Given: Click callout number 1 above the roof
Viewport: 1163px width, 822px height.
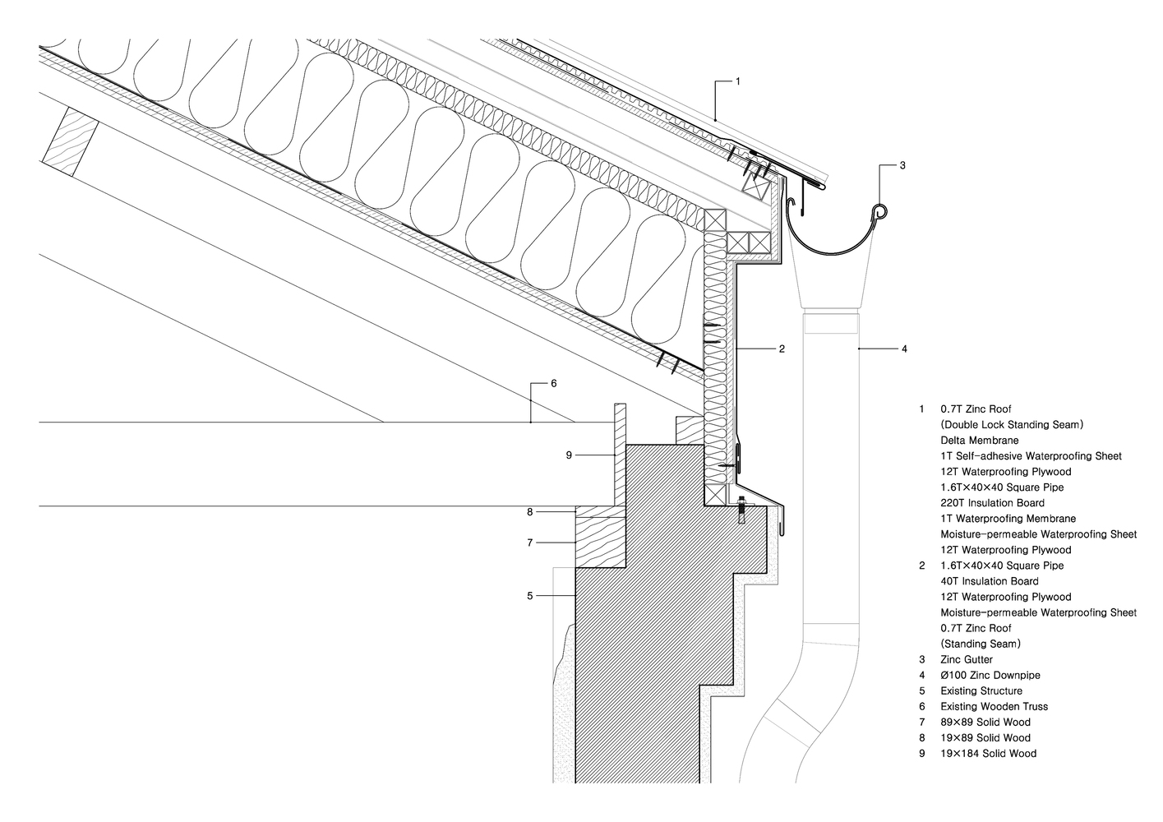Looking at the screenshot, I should click(737, 81).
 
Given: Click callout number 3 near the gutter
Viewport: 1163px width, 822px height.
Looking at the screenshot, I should click(902, 165).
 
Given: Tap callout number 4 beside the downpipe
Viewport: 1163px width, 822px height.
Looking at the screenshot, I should click(904, 349).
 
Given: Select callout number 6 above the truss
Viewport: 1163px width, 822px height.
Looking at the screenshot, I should click(553, 383).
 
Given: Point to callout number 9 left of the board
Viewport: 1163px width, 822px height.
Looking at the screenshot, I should click(568, 455).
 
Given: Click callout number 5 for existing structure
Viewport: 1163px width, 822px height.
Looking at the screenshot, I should click(530, 595).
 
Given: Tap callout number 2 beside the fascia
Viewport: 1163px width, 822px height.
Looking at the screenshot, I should click(782, 349).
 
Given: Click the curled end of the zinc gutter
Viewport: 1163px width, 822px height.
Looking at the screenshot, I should click(880, 212).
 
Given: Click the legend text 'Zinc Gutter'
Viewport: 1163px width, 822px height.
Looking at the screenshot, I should click(967, 659).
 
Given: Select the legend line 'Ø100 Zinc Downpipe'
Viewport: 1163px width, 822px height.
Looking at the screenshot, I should click(990, 675).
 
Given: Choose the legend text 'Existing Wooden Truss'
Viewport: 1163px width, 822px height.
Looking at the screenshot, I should click(994, 706).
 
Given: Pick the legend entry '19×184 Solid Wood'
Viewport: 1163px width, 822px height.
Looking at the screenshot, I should click(988, 753).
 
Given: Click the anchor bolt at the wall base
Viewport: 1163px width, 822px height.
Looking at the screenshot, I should click(741, 509).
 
